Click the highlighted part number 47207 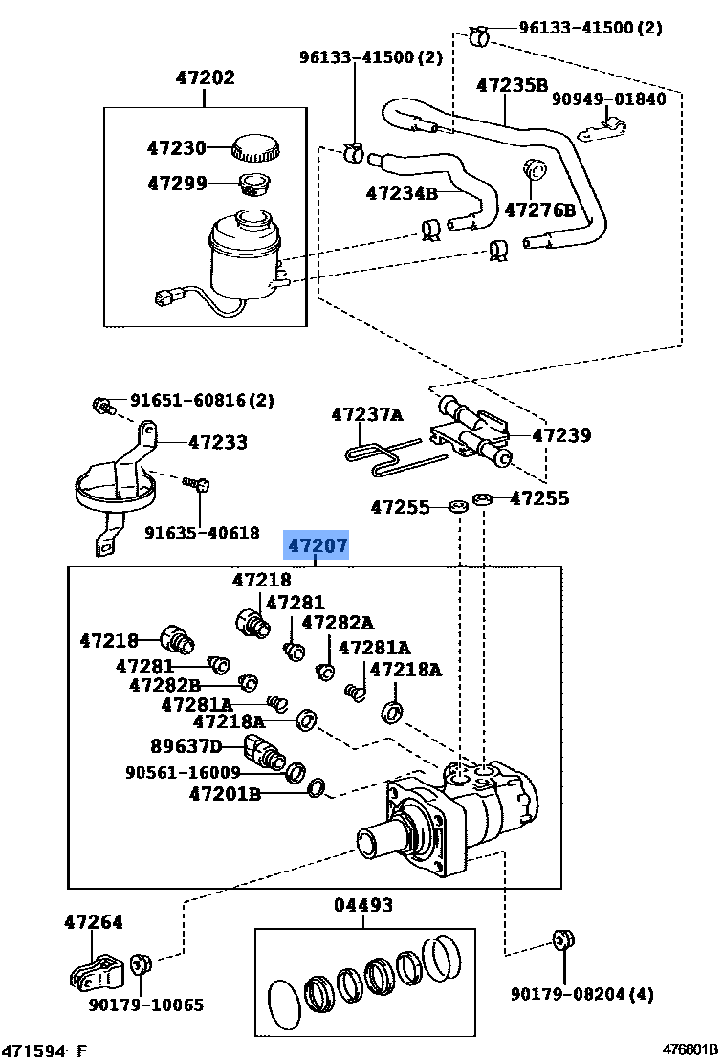click(x=318, y=547)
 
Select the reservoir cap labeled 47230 click(x=253, y=148)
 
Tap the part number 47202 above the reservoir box click(x=205, y=78)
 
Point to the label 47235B click(x=513, y=86)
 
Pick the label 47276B click(x=540, y=210)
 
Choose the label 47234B click(x=402, y=193)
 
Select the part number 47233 click(x=217, y=442)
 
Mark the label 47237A click(x=367, y=415)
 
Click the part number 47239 click(x=561, y=435)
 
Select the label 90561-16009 click(x=183, y=772)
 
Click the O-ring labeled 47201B click(x=317, y=789)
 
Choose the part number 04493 click(x=363, y=905)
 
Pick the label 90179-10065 click(x=146, y=1005)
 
